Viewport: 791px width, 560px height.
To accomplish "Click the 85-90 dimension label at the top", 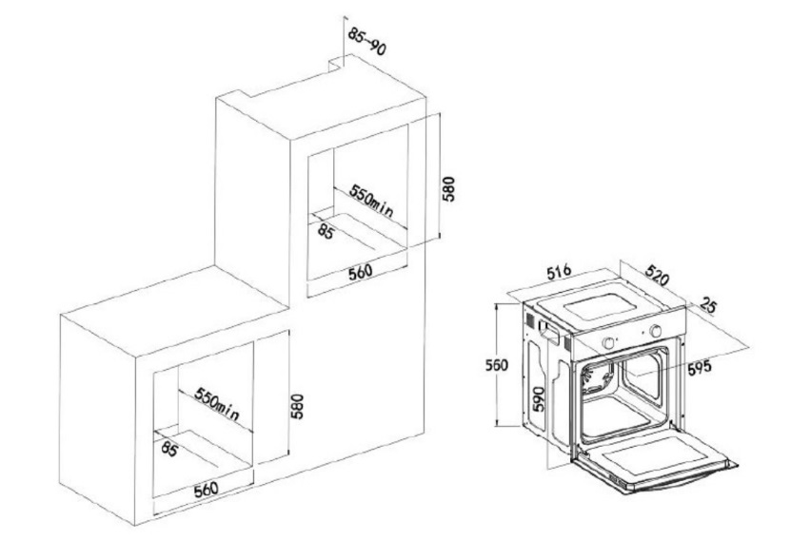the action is click(367, 41).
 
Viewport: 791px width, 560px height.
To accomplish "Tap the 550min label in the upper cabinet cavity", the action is click(371, 200).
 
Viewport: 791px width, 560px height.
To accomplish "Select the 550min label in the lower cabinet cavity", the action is click(217, 404).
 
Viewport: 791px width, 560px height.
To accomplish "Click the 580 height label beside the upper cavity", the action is click(448, 188).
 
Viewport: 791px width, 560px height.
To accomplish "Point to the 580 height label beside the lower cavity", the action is click(297, 406).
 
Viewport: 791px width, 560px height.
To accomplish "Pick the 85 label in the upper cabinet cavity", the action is click(326, 231).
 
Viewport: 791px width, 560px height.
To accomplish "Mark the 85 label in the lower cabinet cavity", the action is click(169, 449).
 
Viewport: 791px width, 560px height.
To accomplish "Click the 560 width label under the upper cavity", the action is click(360, 272).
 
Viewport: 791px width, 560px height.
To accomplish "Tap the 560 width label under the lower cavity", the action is click(206, 490).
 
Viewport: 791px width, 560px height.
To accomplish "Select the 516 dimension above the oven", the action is click(559, 272).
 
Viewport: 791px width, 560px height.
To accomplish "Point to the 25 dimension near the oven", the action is click(708, 304).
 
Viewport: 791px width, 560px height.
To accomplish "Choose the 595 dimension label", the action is click(700, 366).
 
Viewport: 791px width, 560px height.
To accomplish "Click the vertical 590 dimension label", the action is click(540, 399).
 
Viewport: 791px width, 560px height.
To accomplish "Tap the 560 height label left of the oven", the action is click(497, 365).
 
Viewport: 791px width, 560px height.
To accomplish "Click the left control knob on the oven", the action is click(609, 343).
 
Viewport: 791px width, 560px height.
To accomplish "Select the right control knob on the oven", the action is click(656, 331).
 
